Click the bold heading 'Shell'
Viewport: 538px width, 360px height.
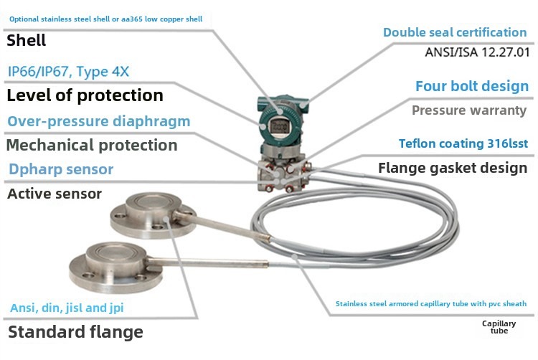[x=26, y=40]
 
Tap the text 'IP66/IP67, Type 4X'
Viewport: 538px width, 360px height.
[x=68, y=72]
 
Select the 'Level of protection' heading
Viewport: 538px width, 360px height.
[x=85, y=95]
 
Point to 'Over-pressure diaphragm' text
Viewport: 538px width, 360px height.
[x=99, y=121]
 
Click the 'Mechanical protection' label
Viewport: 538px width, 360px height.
[x=92, y=145]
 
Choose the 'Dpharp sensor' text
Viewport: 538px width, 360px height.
[x=61, y=169]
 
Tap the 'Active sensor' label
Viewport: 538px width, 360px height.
[x=55, y=194]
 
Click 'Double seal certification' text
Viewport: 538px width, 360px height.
[x=455, y=32]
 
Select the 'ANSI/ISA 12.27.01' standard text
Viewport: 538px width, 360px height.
[x=477, y=52]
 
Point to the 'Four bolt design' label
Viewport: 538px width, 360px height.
[x=472, y=86]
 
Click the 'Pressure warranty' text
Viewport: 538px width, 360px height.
[x=469, y=110]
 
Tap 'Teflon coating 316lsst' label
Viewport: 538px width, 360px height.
[x=463, y=143]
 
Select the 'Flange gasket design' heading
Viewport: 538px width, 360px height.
[x=453, y=168]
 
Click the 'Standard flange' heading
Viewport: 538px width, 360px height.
[x=75, y=332]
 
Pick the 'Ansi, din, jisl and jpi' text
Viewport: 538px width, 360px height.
[x=67, y=308]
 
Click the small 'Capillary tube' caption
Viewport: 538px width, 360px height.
[x=499, y=327]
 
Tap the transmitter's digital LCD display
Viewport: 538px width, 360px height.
[x=280, y=127]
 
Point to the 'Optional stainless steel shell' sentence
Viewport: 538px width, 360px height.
[x=105, y=19]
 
